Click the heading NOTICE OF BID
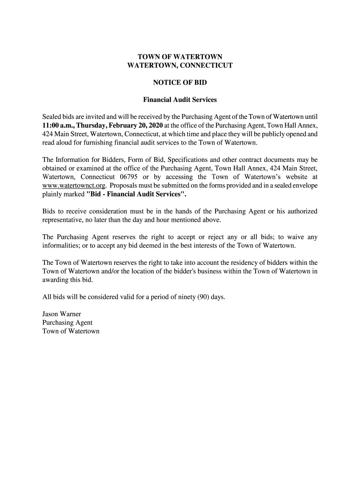180,83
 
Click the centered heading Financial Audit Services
180,100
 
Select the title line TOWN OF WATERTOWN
180,58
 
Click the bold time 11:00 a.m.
58,125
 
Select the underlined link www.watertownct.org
70,186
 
